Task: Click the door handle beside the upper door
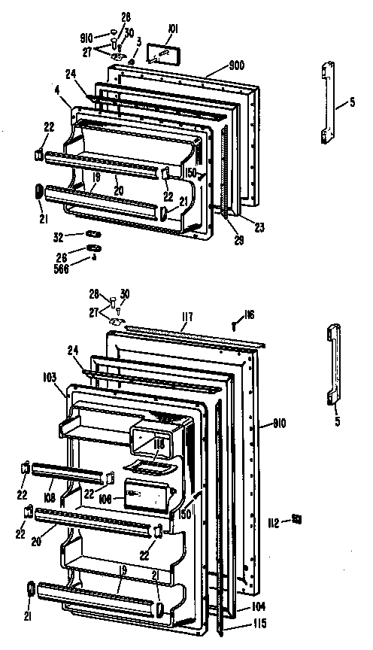click(x=326, y=102)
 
